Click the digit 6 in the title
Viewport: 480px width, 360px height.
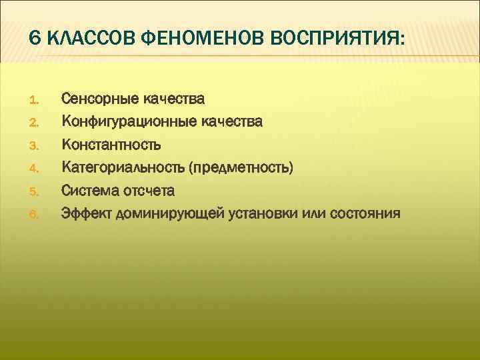coord(34,39)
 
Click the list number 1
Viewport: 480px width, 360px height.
coord(36,101)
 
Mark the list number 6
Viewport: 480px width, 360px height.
coord(36,215)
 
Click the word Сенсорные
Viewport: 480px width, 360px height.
coord(99,99)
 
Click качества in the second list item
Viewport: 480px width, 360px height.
coord(231,122)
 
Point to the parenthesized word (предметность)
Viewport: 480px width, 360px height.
coord(240,167)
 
